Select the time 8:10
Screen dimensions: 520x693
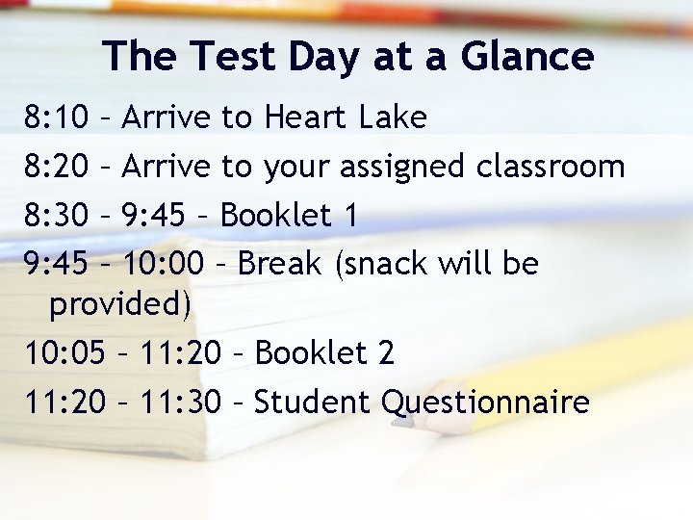click(57, 118)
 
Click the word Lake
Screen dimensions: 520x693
click(392, 118)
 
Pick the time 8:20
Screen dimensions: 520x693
click(57, 167)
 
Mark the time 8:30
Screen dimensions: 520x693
click(57, 216)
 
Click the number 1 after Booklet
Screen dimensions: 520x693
click(350, 216)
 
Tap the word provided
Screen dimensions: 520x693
click(120, 305)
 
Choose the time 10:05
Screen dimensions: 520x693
click(66, 353)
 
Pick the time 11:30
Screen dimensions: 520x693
click(180, 402)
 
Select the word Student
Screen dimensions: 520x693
click(313, 402)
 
